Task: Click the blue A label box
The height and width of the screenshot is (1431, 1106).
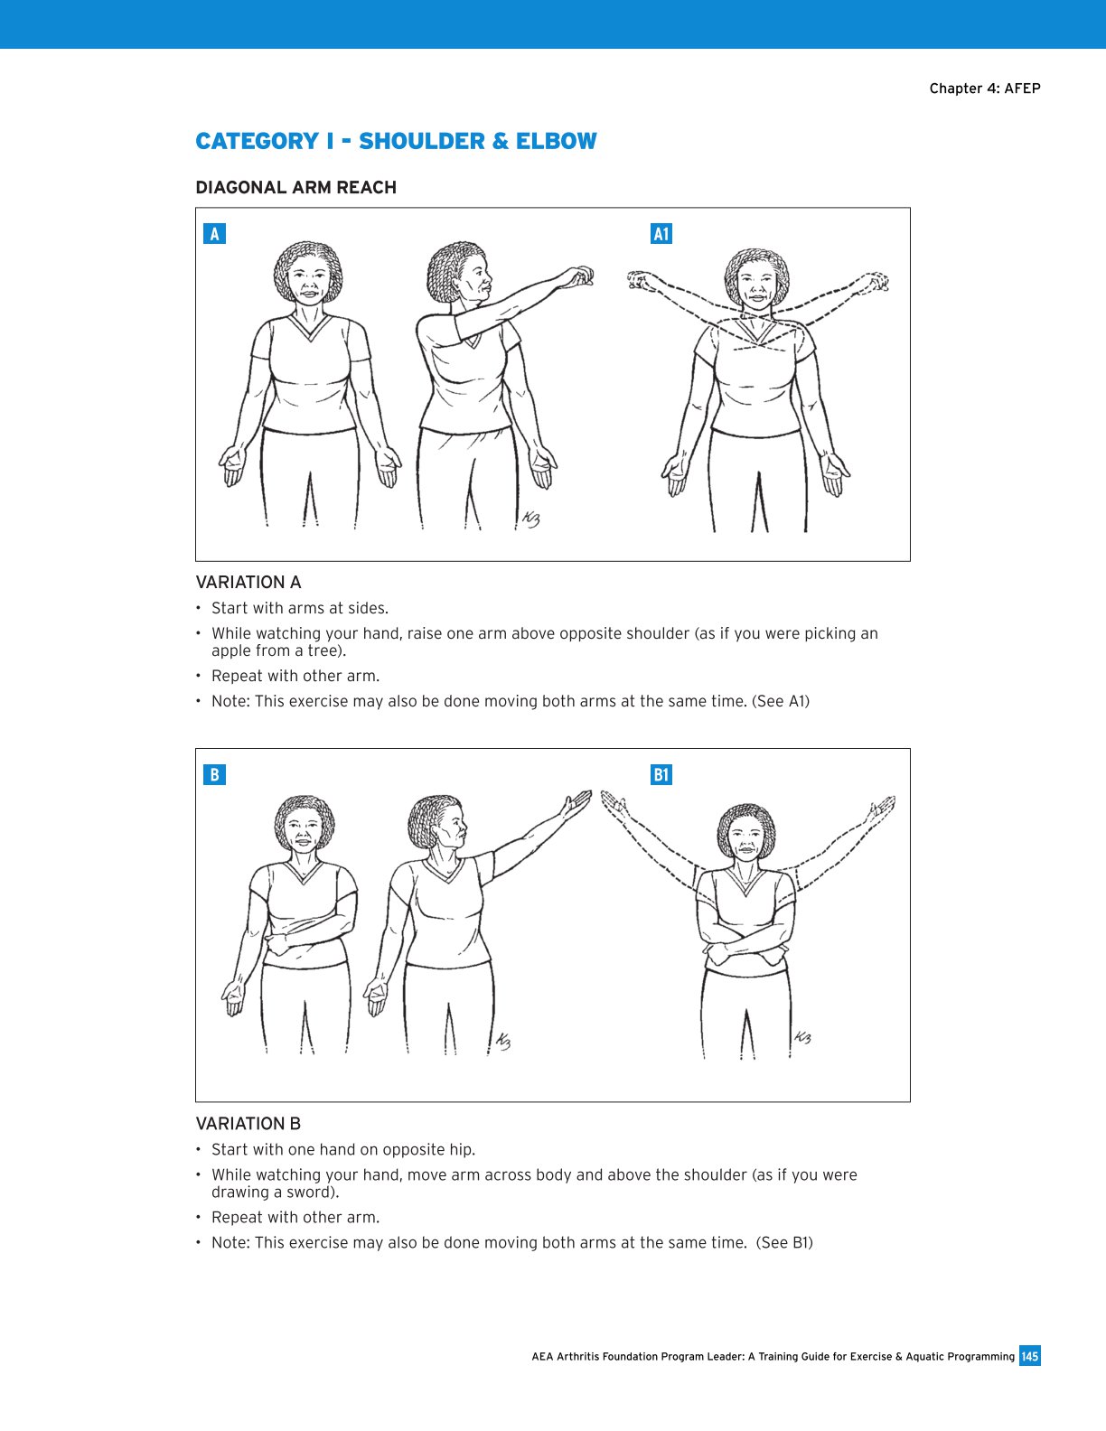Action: coord(214,234)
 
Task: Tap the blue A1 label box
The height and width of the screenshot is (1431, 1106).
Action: coord(661,234)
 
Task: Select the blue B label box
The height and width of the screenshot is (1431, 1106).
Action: coord(214,774)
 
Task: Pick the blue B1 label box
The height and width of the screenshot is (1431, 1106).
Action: coord(661,774)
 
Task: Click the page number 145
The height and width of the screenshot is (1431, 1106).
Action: coord(1029,1356)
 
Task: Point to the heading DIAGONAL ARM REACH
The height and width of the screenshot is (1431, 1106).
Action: coord(295,187)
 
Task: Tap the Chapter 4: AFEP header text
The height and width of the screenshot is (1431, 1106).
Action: coord(985,88)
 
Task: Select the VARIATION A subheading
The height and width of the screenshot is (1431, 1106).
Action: coord(248,582)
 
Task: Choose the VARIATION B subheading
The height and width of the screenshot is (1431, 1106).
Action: coord(248,1123)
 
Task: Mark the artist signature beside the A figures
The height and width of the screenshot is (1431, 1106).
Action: coord(530,519)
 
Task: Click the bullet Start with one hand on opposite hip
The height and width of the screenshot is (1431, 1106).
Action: coord(342,1149)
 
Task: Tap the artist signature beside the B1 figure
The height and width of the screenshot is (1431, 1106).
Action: coord(801,1037)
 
